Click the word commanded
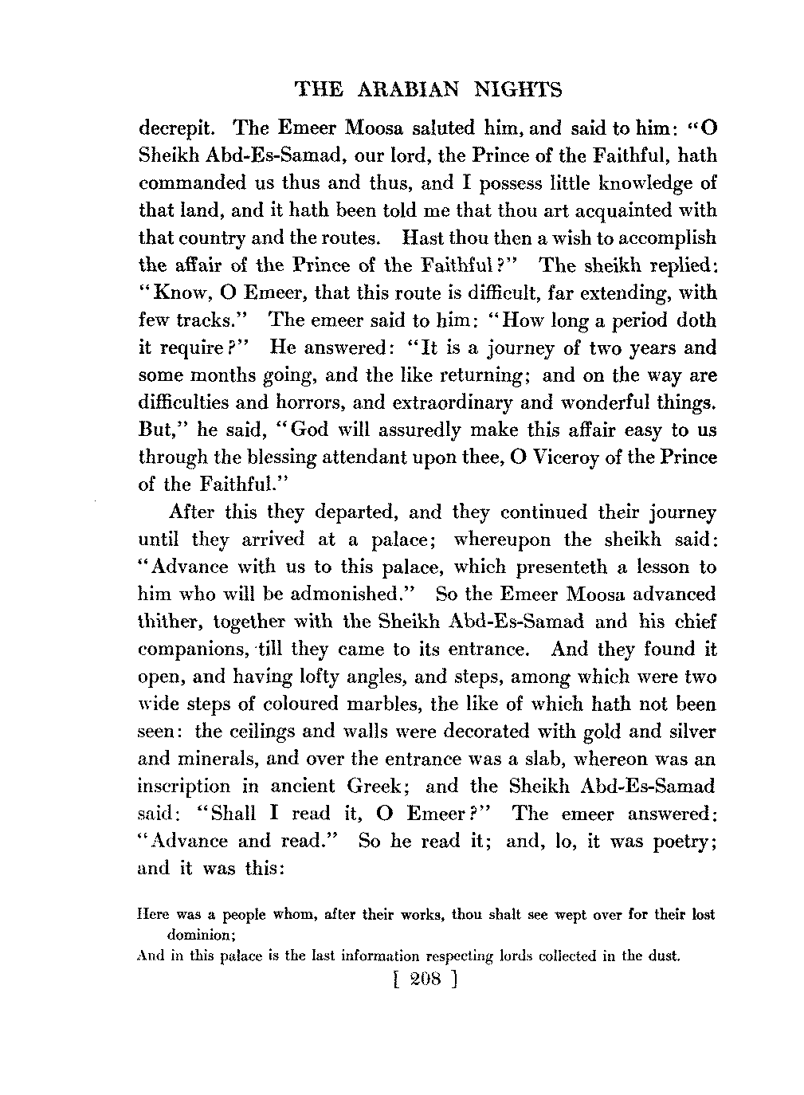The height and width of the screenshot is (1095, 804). coord(192,183)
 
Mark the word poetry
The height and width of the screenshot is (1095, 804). coord(681,842)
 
